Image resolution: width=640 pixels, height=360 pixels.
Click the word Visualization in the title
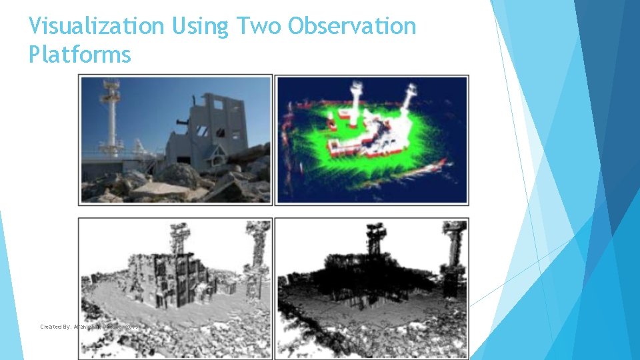tap(96, 27)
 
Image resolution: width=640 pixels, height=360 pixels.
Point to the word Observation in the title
tap(351, 27)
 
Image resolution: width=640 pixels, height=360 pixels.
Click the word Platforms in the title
tap(80, 55)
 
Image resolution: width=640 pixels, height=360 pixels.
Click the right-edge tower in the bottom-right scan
tap(454, 257)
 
